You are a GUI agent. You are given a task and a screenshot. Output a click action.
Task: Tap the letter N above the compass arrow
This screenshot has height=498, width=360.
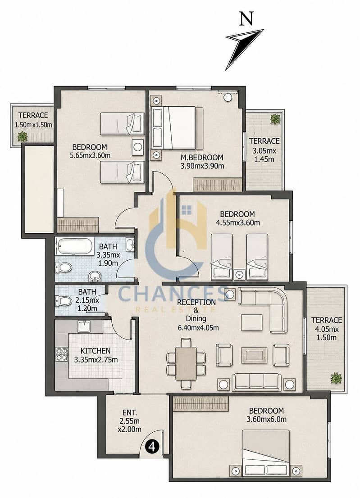coord(246,18)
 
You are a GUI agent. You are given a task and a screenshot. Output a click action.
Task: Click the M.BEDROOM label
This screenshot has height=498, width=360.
coord(202,157)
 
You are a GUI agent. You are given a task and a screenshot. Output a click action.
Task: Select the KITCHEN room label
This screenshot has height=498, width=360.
coord(96,351)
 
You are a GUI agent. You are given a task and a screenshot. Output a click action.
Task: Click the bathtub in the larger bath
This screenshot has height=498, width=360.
coord(75,246)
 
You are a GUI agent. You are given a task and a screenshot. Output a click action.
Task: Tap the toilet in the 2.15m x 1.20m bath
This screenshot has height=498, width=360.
coord(64,301)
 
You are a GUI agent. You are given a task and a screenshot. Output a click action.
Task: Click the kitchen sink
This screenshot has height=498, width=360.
coord(84,326)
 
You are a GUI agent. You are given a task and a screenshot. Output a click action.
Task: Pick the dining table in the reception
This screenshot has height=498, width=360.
coord(186,363)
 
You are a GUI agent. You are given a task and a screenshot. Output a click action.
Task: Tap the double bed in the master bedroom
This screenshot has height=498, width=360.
coord(178,128)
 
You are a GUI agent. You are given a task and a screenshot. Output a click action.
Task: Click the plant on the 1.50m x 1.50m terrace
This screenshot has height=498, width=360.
coord(22,136)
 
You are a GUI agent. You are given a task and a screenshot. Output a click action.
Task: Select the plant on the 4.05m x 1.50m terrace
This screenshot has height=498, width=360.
coord(336,378)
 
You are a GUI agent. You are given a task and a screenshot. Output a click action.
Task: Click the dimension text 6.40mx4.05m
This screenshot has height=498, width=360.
coord(198,328)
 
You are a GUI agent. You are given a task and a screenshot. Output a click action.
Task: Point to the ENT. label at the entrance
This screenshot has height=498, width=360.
coord(130,413)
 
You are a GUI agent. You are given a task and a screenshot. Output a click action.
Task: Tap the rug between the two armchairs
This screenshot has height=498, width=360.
coord(254,355)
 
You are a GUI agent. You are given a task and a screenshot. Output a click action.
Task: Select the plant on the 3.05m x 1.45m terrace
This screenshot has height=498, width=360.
coord(274,119)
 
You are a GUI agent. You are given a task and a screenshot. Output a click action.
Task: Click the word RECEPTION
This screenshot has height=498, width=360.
coord(196,302)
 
